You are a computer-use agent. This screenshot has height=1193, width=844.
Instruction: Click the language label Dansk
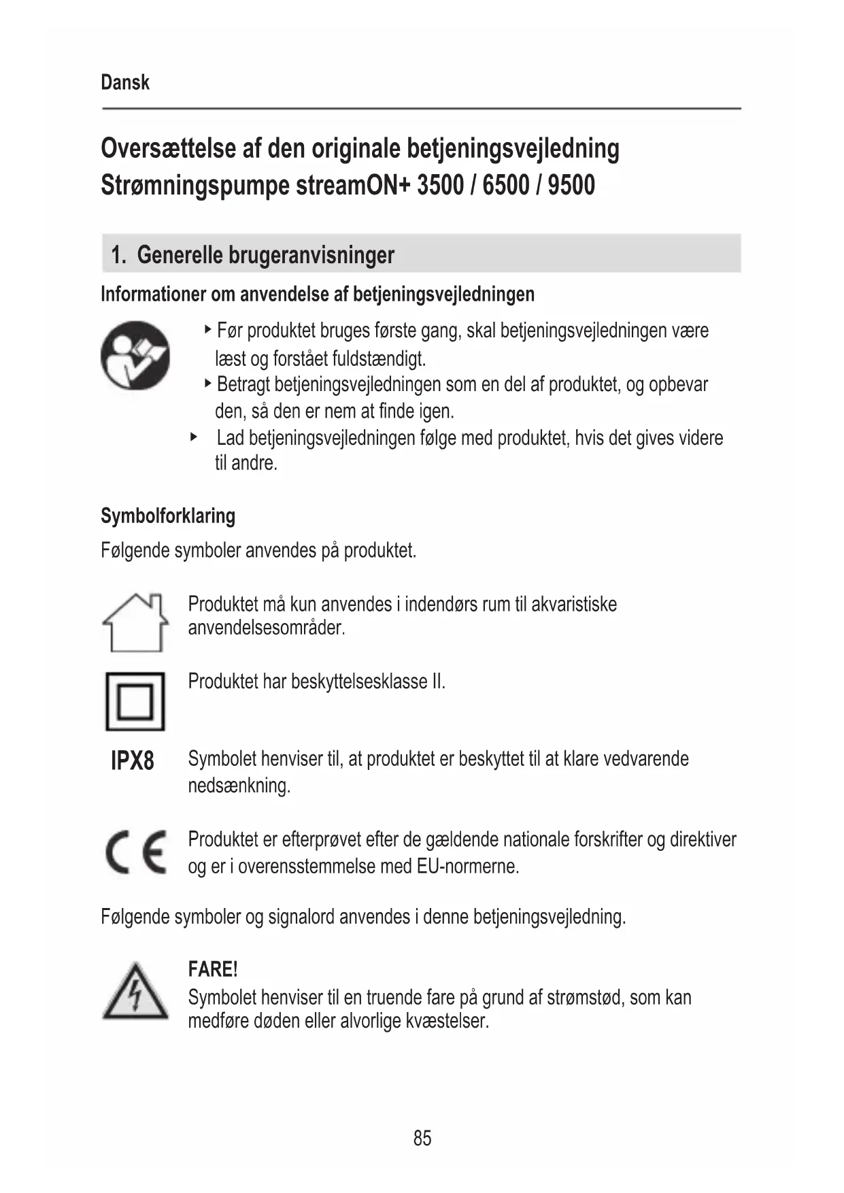click(x=125, y=82)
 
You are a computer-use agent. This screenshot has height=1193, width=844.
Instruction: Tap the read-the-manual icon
click(x=135, y=356)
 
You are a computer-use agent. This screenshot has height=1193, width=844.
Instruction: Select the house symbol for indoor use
click(x=135, y=622)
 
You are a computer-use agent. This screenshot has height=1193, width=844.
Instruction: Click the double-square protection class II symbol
click(x=135, y=701)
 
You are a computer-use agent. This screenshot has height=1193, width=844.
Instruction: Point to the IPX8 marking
click(x=133, y=760)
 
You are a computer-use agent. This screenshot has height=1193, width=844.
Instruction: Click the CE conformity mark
click(x=136, y=852)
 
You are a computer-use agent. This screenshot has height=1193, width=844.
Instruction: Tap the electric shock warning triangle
click(x=135, y=992)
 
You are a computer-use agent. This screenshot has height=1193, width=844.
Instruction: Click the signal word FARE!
click(x=213, y=969)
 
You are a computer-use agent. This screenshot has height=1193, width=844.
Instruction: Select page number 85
click(x=422, y=1138)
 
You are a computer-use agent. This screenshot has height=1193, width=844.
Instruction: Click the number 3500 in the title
click(x=440, y=185)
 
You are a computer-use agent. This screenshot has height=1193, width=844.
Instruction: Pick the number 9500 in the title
click(x=571, y=185)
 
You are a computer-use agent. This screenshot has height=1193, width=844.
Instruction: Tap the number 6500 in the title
click(x=505, y=185)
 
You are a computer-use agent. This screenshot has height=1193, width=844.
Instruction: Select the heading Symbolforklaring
click(x=168, y=516)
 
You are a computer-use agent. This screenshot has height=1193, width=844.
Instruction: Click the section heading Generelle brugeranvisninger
click(x=265, y=255)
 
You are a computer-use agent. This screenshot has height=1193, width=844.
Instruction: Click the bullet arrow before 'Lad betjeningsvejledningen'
click(x=194, y=437)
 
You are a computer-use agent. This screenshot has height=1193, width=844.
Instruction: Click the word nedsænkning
click(x=239, y=786)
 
